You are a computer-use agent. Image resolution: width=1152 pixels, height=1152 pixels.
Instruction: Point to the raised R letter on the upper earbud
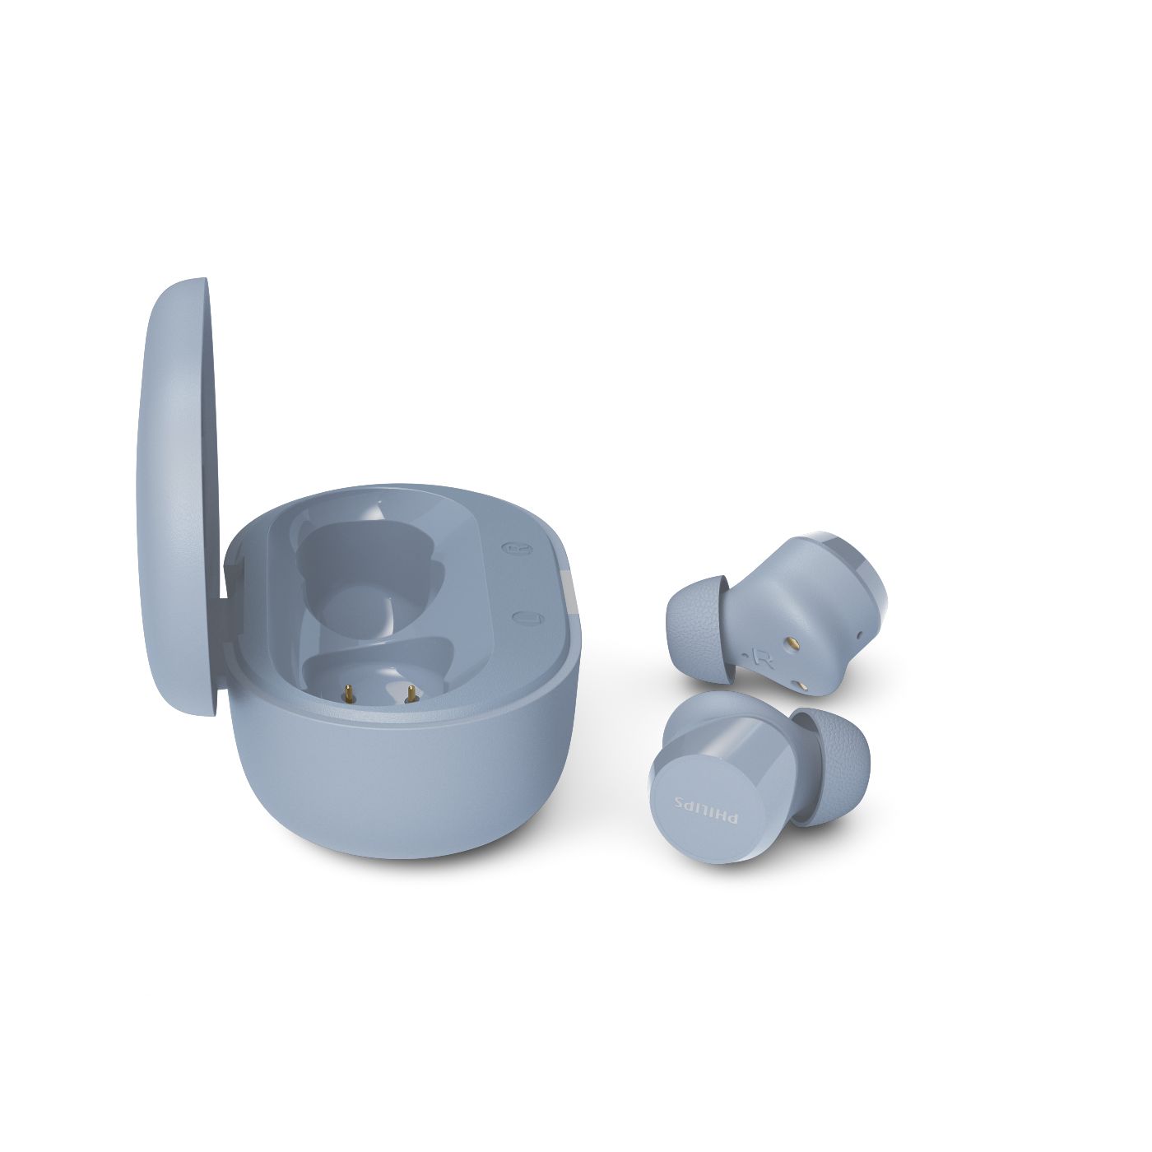(767, 660)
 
